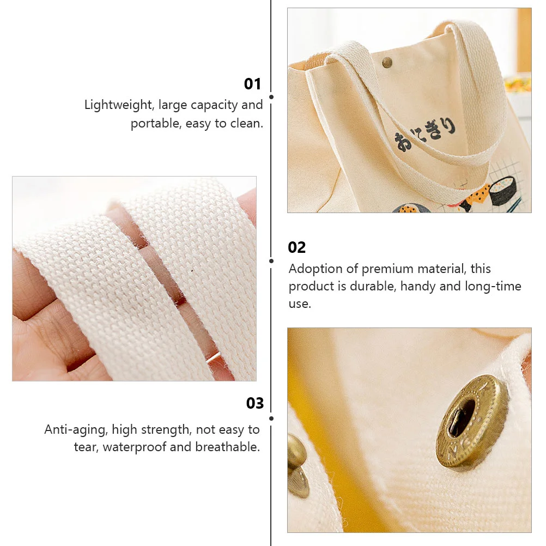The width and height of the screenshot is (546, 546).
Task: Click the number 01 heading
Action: click(252, 84)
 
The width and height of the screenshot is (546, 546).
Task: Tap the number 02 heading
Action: click(296, 247)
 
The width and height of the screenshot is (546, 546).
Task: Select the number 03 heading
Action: click(255, 403)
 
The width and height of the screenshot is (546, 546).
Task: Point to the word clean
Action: click(247, 123)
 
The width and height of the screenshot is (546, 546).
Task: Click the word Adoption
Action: click(316, 269)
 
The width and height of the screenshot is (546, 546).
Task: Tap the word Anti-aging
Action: click(76, 430)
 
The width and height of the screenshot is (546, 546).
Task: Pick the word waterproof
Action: click(135, 447)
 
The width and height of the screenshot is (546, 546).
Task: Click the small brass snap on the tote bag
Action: click(387, 63)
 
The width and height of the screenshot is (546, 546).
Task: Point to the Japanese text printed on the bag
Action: click(425, 134)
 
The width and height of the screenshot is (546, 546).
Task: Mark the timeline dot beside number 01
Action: click(271, 97)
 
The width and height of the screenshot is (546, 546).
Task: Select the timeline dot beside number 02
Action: click(271, 261)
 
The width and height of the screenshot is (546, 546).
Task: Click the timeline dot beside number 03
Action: click(271, 418)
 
